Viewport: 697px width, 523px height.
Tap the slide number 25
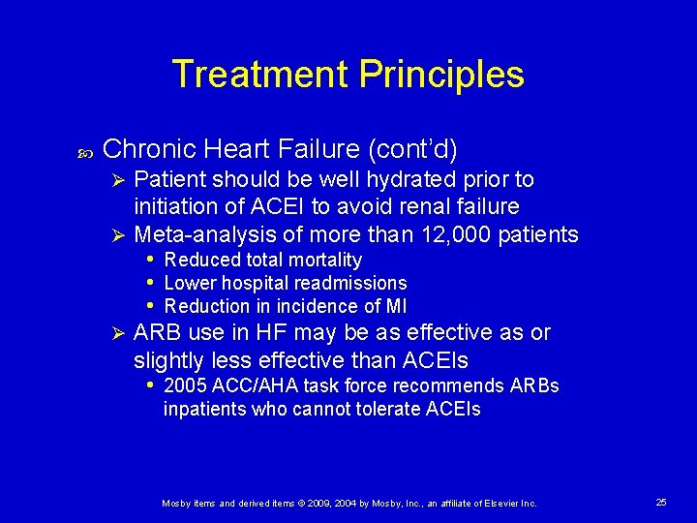[661, 502]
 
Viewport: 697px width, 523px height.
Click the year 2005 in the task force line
[185, 385]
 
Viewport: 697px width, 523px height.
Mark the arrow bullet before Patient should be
[116, 179]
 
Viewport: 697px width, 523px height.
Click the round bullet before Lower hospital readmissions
[150, 283]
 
